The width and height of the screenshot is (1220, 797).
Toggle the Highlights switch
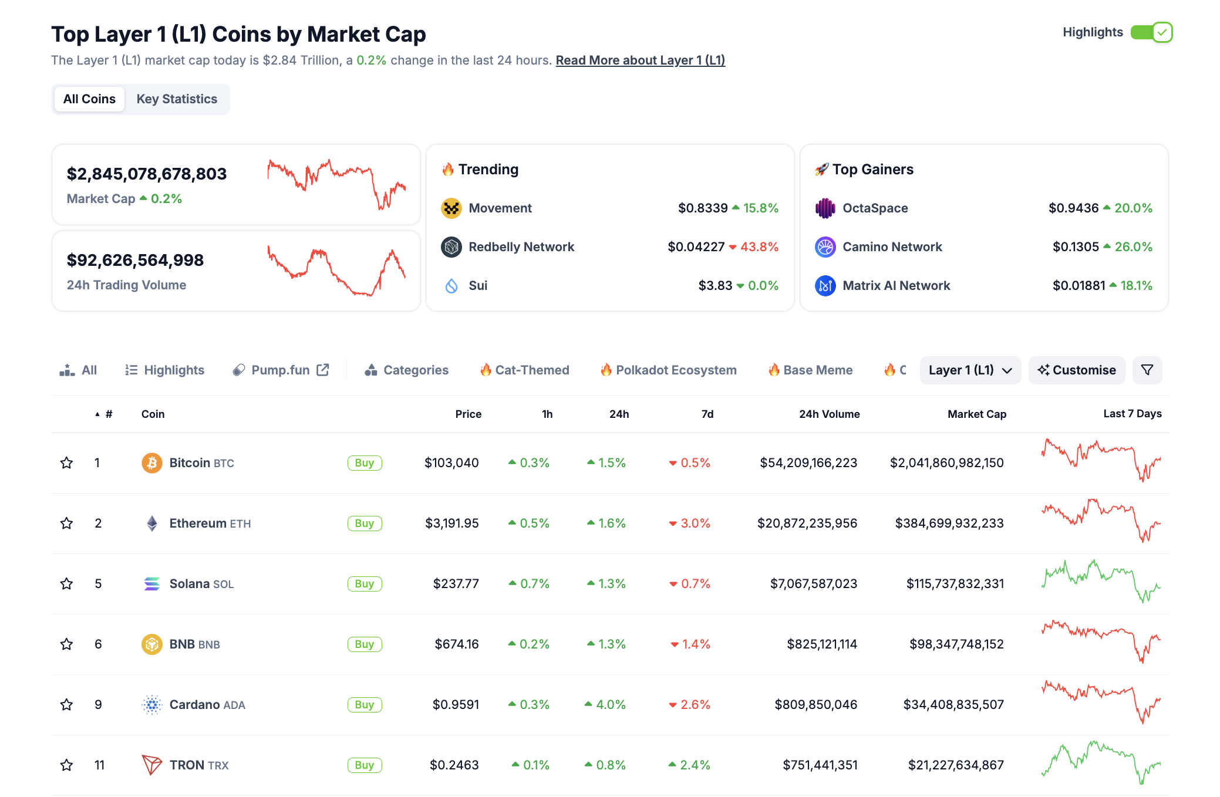(1151, 32)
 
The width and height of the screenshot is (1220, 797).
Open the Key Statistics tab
(177, 99)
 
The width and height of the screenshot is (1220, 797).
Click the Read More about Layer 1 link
(640, 60)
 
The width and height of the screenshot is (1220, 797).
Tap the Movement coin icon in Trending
(451, 208)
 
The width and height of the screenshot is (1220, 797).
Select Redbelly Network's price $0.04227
(696, 247)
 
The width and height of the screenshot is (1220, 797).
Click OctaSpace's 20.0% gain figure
(1133, 208)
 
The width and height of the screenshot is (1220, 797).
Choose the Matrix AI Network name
(896, 286)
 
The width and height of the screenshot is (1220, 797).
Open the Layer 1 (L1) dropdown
(970, 370)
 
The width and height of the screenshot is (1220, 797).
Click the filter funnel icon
(1147, 370)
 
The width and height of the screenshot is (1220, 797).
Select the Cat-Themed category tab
(525, 370)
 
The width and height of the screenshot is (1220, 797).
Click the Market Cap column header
(976, 414)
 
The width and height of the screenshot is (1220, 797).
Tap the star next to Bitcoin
(67, 463)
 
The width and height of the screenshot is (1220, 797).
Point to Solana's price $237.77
(456, 584)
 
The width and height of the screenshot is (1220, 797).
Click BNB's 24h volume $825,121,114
(821, 644)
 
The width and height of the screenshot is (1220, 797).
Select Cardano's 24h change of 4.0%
(610, 705)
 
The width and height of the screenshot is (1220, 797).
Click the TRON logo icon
(151, 765)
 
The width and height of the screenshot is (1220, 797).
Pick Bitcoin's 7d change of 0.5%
(695, 463)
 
